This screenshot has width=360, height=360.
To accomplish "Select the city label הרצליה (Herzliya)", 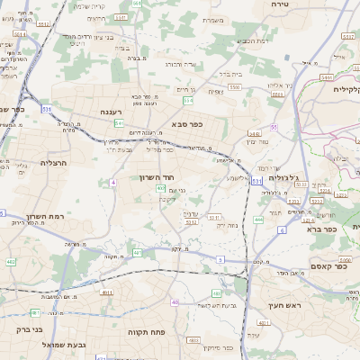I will pyautogui.click(x=53, y=163).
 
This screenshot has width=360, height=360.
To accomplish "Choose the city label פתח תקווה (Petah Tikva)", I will pyautogui.click(x=144, y=332).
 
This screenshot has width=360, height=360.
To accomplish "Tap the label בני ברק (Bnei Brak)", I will pyautogui.click(x=29, y=329).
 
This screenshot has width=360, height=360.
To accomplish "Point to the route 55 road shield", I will pyautogui.click(x=273, y=127).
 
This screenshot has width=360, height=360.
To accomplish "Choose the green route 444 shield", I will pyautogui.click(x=258, y=219).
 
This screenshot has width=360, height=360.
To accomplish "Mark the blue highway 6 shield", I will pyautogui.click(x=281, y=231).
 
